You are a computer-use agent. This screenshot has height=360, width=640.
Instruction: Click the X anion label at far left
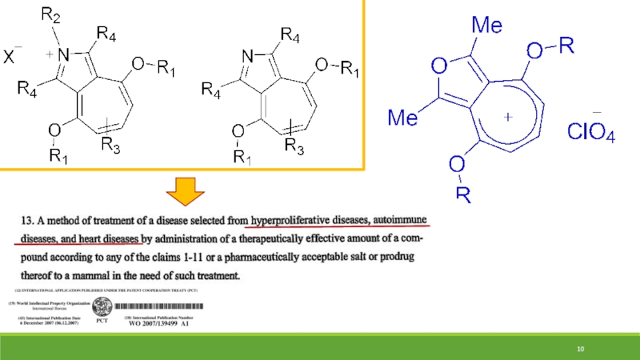[x=12, y=58]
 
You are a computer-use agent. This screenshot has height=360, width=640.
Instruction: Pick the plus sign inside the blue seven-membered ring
[x=507, y=117]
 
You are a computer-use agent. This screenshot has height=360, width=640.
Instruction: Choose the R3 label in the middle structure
[x=294, y=146]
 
